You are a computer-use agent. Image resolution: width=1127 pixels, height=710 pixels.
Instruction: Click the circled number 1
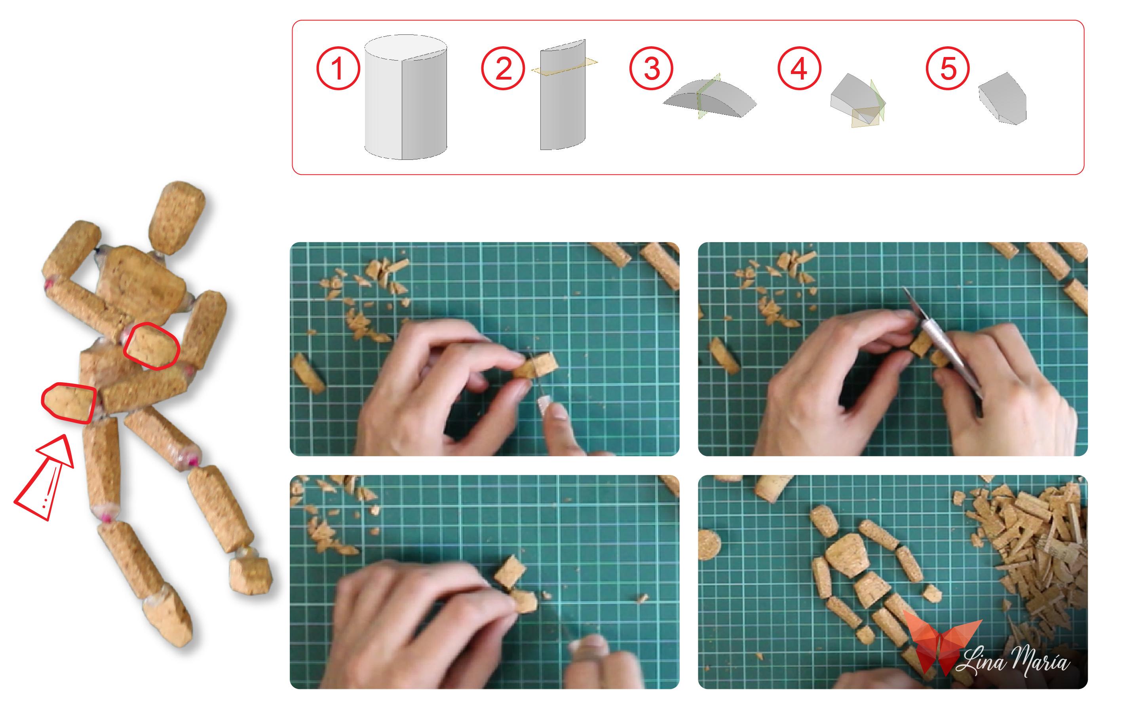point(338,68)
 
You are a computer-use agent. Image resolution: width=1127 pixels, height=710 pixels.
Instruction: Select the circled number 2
point(503,68)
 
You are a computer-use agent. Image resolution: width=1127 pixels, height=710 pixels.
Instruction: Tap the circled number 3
point(651,68)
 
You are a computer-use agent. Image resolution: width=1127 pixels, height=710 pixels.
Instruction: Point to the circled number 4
point(799,68)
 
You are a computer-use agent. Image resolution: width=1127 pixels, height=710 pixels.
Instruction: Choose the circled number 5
point(948,68)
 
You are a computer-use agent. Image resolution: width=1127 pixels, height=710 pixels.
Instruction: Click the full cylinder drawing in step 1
point(405,97)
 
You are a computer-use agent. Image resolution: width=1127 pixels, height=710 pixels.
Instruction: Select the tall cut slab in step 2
point(563,96)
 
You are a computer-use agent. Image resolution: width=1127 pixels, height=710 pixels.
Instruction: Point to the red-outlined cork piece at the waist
point(151,346)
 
